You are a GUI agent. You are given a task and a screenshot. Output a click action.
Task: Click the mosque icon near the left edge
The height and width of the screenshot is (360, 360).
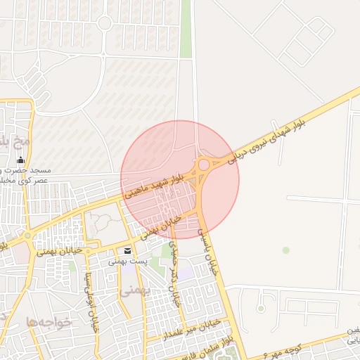point(20,160)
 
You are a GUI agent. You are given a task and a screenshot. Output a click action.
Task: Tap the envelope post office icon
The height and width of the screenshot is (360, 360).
point(127,251)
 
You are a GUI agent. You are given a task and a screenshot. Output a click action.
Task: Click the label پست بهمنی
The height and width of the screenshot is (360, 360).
point(127,261)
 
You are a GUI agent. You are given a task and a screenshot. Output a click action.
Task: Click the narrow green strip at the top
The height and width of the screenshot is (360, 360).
point(186,28)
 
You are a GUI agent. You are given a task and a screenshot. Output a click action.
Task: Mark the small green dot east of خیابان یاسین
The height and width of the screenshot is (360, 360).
point(285,250)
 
